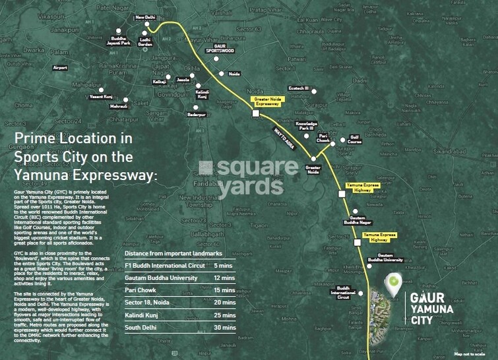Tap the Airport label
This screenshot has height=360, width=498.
point(61,67)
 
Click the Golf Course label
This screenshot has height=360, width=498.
point(356,139)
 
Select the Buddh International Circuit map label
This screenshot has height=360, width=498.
point(343,293)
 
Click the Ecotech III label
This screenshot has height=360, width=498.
point(298,88)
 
